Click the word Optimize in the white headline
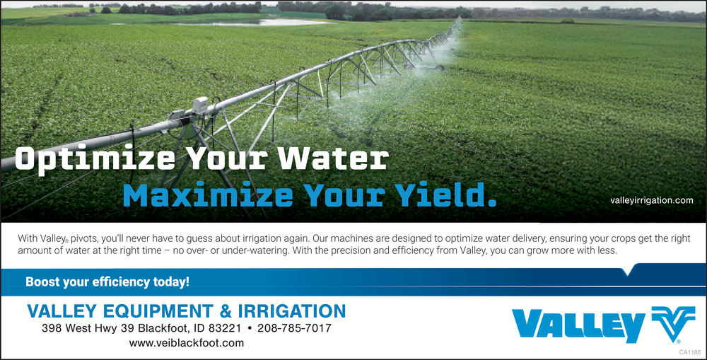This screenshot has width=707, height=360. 95,160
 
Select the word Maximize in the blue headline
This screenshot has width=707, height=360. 209,195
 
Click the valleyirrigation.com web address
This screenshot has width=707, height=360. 652,200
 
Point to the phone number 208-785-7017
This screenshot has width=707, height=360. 294,328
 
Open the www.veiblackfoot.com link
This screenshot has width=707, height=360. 187,343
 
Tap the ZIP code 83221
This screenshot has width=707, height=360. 225,328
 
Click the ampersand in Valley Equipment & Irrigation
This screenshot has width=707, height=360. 226,311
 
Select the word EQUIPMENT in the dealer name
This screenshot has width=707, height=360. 158,311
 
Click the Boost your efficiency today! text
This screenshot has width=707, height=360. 107,282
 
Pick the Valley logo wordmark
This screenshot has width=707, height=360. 578,325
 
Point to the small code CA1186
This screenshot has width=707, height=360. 690,352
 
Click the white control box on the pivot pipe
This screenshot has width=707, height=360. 200,105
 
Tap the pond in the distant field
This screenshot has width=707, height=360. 252,22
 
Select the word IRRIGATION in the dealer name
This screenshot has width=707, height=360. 292,311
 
